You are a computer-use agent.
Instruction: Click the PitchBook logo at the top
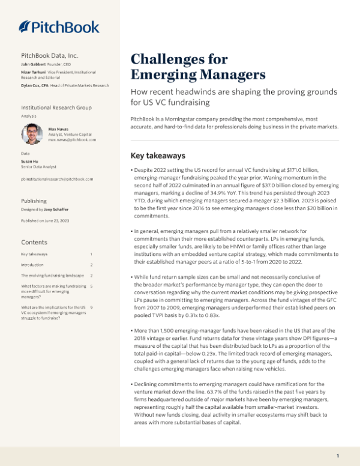point(59,26)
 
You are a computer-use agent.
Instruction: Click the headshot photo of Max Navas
point(31,133)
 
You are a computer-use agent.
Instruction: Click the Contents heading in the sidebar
point(32,242)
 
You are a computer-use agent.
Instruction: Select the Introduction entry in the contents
point(32,264)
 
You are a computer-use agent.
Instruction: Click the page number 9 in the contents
point(91,307)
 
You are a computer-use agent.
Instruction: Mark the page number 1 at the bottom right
point(338,455)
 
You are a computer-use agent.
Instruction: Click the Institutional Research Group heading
point(56,107)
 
